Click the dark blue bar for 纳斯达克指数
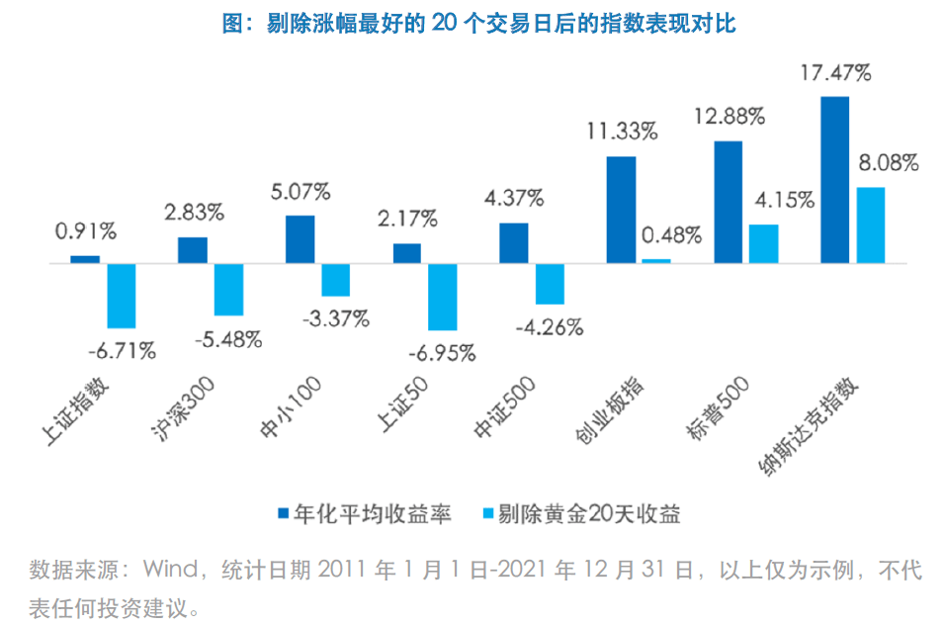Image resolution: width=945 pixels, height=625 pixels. point(835,180)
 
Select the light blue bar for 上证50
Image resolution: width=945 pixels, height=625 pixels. point(443,297)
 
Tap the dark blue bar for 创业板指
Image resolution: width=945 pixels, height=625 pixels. point(621,210)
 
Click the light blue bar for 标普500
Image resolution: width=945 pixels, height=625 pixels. point(763,244)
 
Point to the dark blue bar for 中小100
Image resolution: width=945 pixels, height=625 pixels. point(300,239)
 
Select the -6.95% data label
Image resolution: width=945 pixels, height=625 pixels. point(442,351)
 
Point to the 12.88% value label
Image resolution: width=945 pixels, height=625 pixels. point(730,117)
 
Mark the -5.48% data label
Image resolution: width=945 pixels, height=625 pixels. point(228,339)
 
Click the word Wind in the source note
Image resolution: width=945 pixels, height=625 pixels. point(171,571)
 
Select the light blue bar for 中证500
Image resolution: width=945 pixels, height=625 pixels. point(550,284)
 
